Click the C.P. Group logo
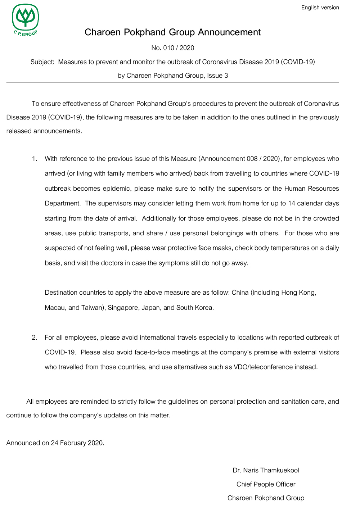25,20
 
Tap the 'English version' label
320,8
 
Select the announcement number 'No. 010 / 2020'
173,48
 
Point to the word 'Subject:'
42,62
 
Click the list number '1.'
35,159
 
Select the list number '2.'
35,337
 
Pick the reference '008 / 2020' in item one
263,159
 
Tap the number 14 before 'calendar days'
292,203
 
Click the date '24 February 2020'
77,443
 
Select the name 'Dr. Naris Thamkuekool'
266,470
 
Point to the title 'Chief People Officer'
266,484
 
